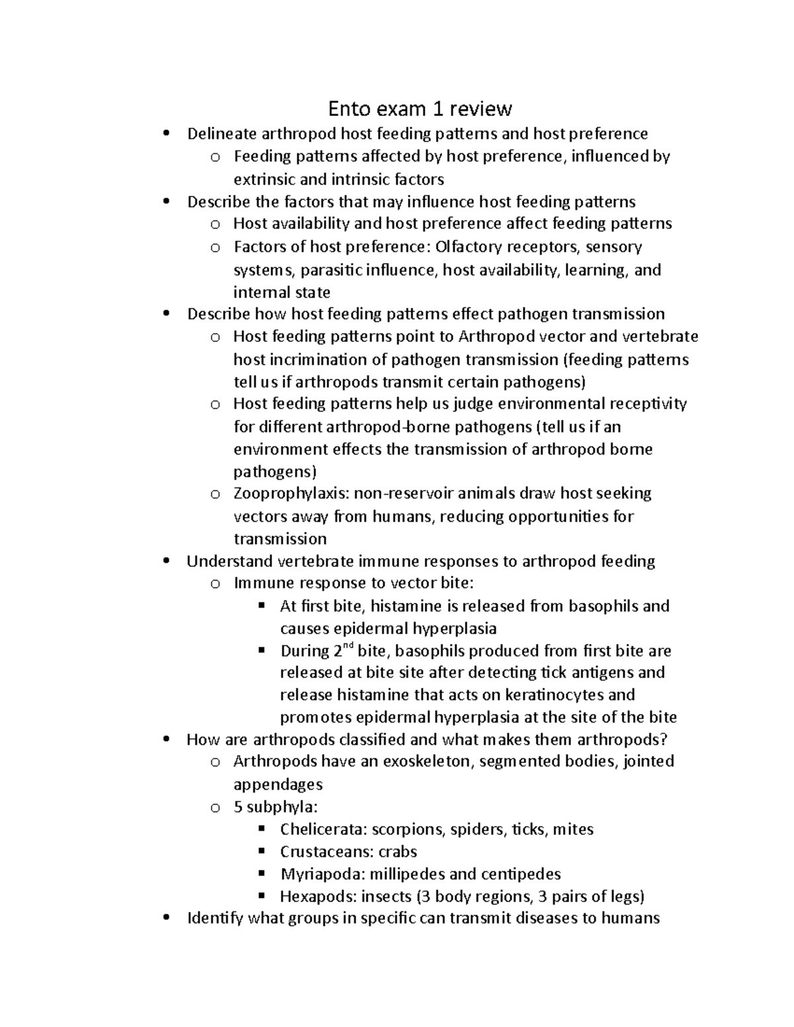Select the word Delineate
pos(222,134)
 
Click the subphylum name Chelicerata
pos(323,829)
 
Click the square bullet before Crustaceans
pos(261,851)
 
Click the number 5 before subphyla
pos(238,807)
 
